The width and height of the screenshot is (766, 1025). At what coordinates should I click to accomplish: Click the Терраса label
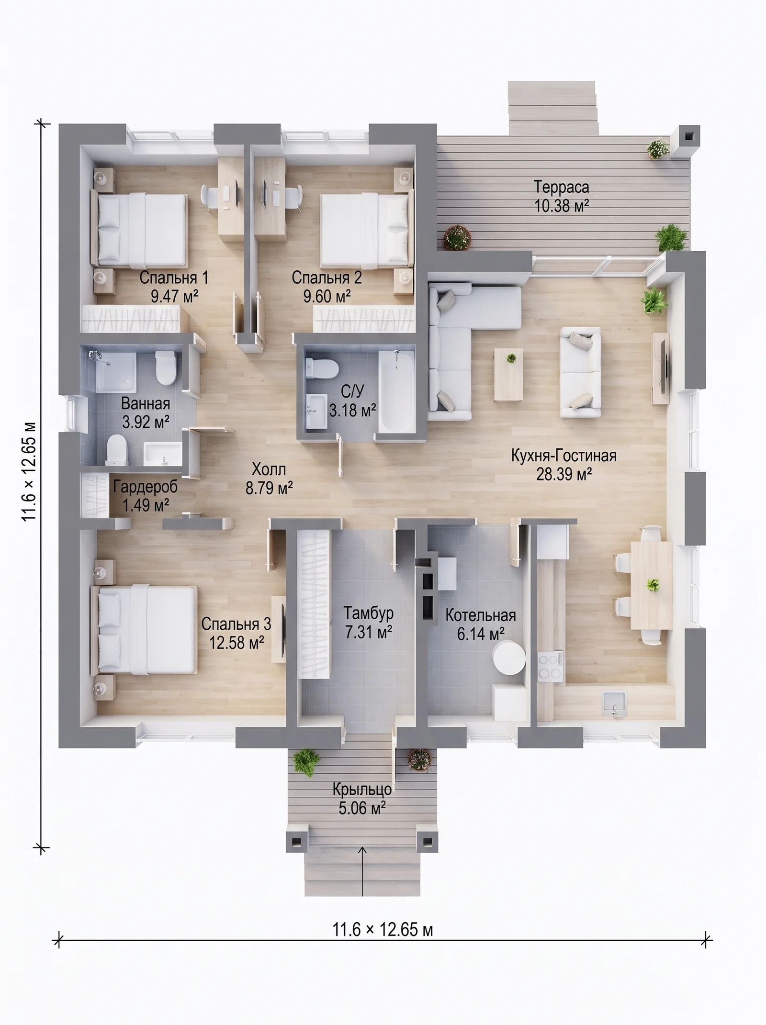(561, 187)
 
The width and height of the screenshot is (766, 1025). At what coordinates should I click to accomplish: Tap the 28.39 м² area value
(564, 474)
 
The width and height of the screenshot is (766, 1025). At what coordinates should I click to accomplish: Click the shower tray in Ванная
(115, 371)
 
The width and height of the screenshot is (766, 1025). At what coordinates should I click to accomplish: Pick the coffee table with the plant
(508, 374)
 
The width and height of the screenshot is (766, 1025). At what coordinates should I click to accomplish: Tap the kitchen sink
(615, 703)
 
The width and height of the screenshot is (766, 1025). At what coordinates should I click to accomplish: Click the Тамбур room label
(369, 613)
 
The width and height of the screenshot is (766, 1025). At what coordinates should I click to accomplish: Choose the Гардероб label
(146, 487)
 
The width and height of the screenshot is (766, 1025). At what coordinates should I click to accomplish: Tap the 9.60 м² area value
(327, 296)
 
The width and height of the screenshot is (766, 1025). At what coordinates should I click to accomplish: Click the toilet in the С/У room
(320, 368)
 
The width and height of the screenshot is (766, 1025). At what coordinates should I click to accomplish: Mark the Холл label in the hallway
(269, 468)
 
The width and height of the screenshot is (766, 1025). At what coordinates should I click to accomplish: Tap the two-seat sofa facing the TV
(581, 373)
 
